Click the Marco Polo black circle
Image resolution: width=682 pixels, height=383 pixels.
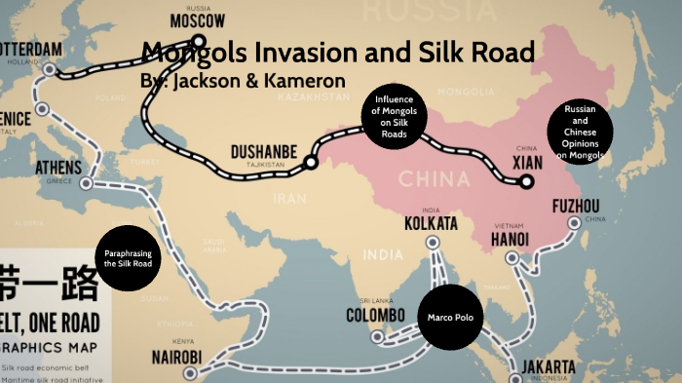[450, 318]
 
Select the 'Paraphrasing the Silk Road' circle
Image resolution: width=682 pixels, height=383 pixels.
[129, 259]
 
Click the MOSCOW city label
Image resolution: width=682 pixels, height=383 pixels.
[198, 20]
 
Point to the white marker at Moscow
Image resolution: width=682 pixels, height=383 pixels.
[198, 42]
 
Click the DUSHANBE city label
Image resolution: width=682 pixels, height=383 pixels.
[264, 151]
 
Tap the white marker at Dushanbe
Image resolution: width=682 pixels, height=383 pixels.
[311, 163]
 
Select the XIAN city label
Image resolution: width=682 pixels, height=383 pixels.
[528, 161]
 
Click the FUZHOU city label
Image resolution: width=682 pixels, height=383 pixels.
[576, 206]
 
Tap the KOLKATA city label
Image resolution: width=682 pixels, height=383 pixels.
[431, 225]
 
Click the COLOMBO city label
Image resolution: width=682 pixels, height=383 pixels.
[375, 315]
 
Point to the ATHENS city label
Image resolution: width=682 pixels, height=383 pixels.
[58, 167]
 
